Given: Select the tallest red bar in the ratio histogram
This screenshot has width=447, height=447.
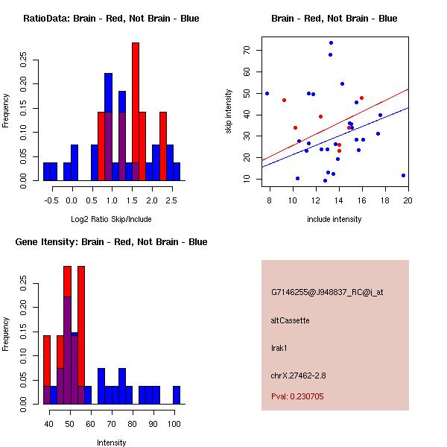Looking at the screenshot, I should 136,112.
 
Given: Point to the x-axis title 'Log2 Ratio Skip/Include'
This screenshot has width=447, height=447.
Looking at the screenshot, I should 111,219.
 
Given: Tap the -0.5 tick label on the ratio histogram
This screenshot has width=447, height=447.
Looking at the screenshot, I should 50,200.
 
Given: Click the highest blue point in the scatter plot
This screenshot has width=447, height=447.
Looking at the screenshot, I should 331,42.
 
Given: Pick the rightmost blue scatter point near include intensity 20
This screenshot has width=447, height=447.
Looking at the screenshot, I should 403,175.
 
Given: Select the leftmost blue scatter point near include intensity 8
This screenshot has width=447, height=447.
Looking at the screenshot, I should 267,93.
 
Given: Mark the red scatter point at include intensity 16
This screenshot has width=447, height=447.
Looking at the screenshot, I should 361,98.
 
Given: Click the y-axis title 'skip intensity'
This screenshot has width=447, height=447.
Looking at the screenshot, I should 229,112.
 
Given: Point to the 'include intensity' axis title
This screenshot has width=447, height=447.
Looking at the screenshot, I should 335,219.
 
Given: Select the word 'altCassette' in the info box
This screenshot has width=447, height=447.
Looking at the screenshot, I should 290,320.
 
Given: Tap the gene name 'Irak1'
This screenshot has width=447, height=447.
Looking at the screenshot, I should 280,347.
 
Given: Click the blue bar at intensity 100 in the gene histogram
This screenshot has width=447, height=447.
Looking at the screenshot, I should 177,395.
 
